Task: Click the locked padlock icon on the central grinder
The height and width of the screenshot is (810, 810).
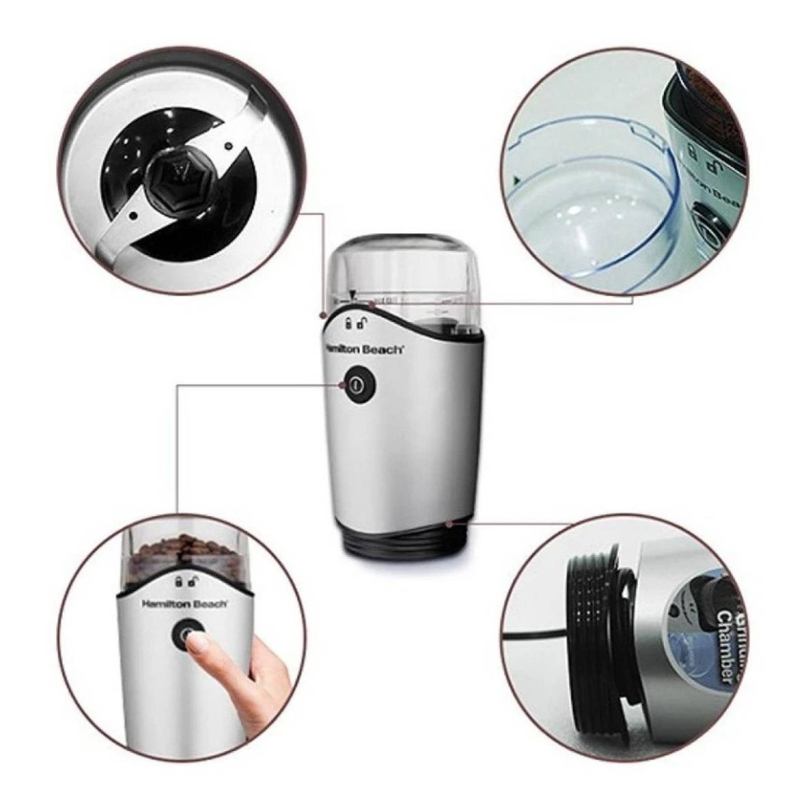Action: [348, 323]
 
